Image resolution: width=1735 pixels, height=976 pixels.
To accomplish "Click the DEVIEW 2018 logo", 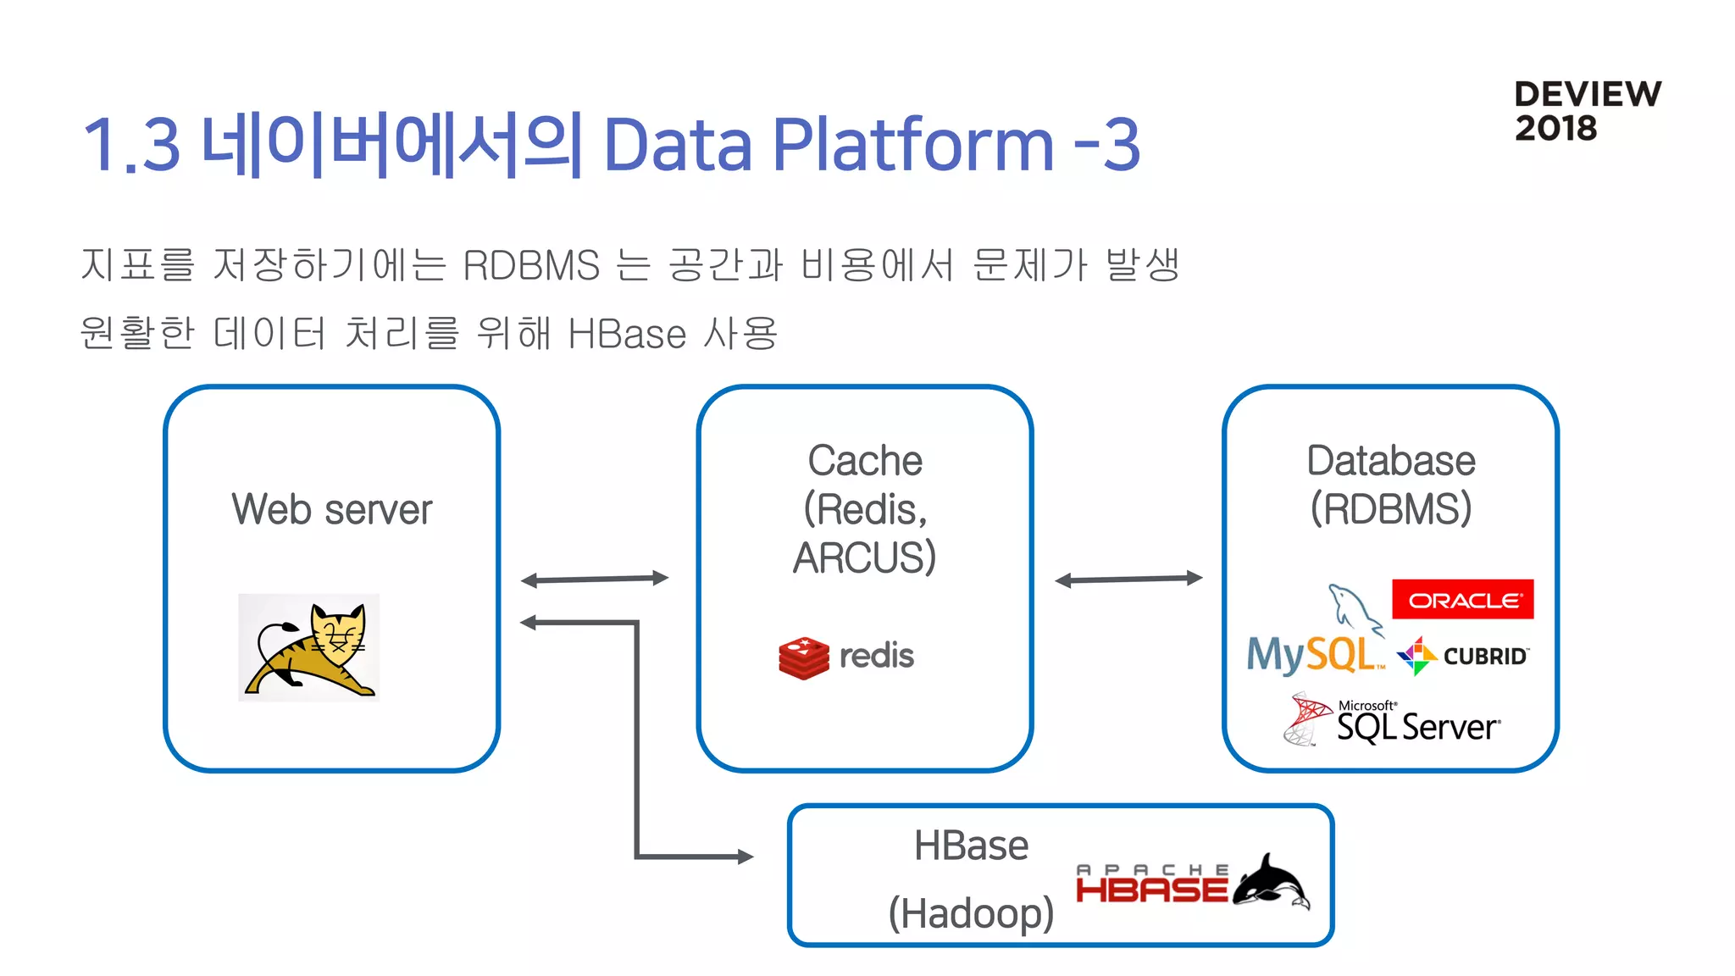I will (x=1587, y=111).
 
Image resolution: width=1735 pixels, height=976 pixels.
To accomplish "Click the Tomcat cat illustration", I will (x=310, y=648).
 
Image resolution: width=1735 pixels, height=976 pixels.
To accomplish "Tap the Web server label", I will (x=332, y=509).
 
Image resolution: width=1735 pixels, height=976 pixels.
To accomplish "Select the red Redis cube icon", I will (x=803, y=657).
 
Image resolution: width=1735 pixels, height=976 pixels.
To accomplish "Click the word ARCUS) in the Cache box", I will (x=864, y=557).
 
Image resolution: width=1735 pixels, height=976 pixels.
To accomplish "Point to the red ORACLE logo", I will (x=1462, y=600).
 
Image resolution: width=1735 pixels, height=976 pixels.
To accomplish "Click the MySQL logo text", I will (x=1311, y=654).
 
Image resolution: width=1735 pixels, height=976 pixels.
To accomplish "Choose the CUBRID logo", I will (x=1464, y=656).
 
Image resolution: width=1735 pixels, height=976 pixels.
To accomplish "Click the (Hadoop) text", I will (x=971, y=913).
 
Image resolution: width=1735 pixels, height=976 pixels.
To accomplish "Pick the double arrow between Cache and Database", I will (x=1128, y=579).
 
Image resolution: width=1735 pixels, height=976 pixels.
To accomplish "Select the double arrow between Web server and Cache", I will (x=595, y=579).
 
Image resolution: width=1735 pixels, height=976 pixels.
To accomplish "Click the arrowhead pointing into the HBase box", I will (x=746, y=857).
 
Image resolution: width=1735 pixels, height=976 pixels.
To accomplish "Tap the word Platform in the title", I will (x=913, y=144).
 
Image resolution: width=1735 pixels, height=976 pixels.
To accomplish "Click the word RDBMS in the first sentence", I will (x=531, y=265).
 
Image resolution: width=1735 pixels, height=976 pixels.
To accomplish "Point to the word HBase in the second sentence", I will (x=627, y=333).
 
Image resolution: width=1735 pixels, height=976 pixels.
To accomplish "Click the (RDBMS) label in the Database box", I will (x=1390, y=509).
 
